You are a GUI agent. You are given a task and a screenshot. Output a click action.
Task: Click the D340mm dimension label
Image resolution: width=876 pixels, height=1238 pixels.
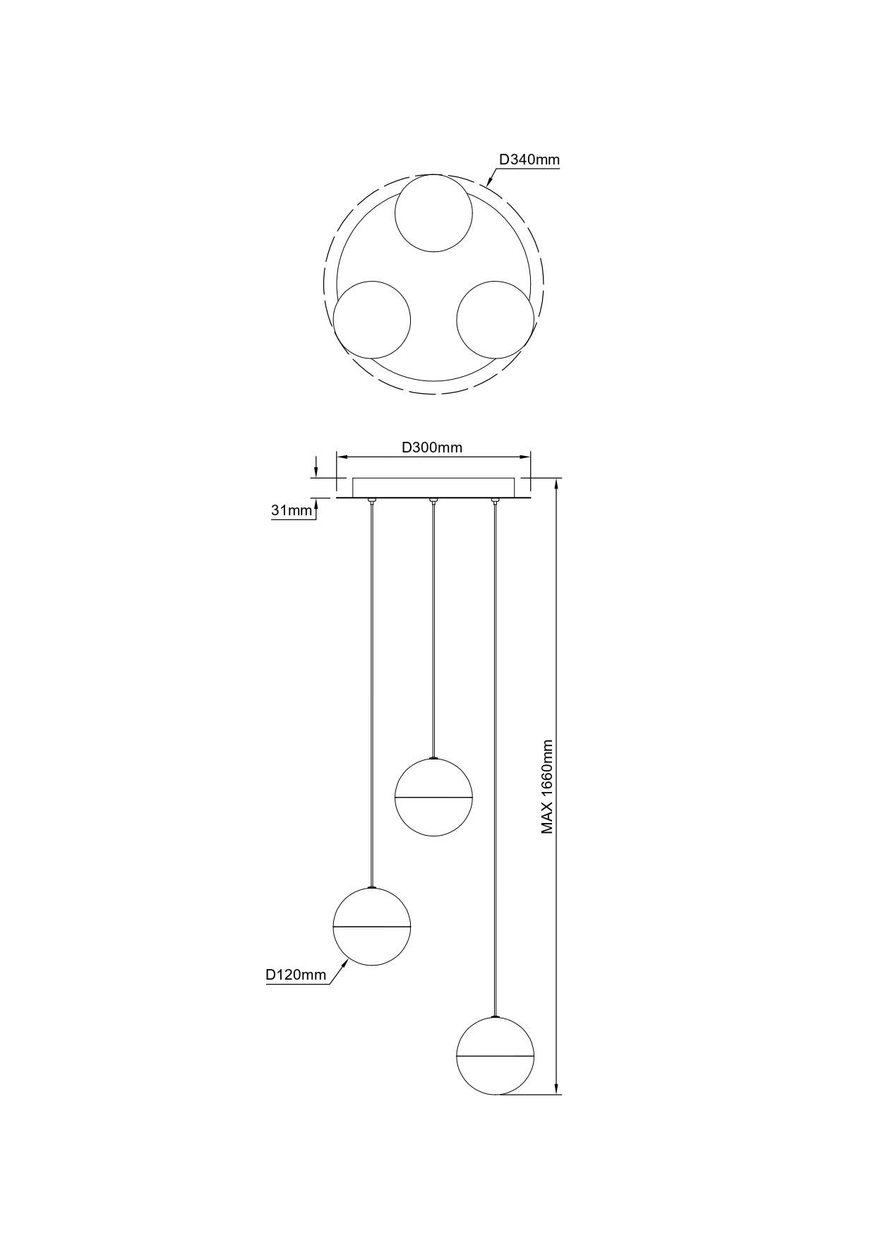(529, 160)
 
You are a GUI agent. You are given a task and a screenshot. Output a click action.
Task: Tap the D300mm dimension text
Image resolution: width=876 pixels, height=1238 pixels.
(432, 447)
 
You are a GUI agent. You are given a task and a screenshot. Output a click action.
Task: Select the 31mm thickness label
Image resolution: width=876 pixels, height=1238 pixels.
(292, 510)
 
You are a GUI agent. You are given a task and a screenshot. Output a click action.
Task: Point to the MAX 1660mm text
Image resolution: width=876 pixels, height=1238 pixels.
(547, 787)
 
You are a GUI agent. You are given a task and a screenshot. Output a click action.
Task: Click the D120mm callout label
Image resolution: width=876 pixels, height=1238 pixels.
(296, 975)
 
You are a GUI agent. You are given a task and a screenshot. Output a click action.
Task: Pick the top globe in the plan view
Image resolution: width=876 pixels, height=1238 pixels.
(433, 213)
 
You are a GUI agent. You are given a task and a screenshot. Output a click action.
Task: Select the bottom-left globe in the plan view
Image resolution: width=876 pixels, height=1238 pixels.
(372, 320)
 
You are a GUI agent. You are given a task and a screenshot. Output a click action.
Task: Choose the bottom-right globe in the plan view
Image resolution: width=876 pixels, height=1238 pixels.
(496, 320)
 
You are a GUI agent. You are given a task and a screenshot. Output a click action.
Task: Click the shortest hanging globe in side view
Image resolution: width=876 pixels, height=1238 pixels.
(433, 798)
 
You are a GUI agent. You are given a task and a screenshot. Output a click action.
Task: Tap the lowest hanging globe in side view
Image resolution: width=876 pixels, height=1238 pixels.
(496, 1056)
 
